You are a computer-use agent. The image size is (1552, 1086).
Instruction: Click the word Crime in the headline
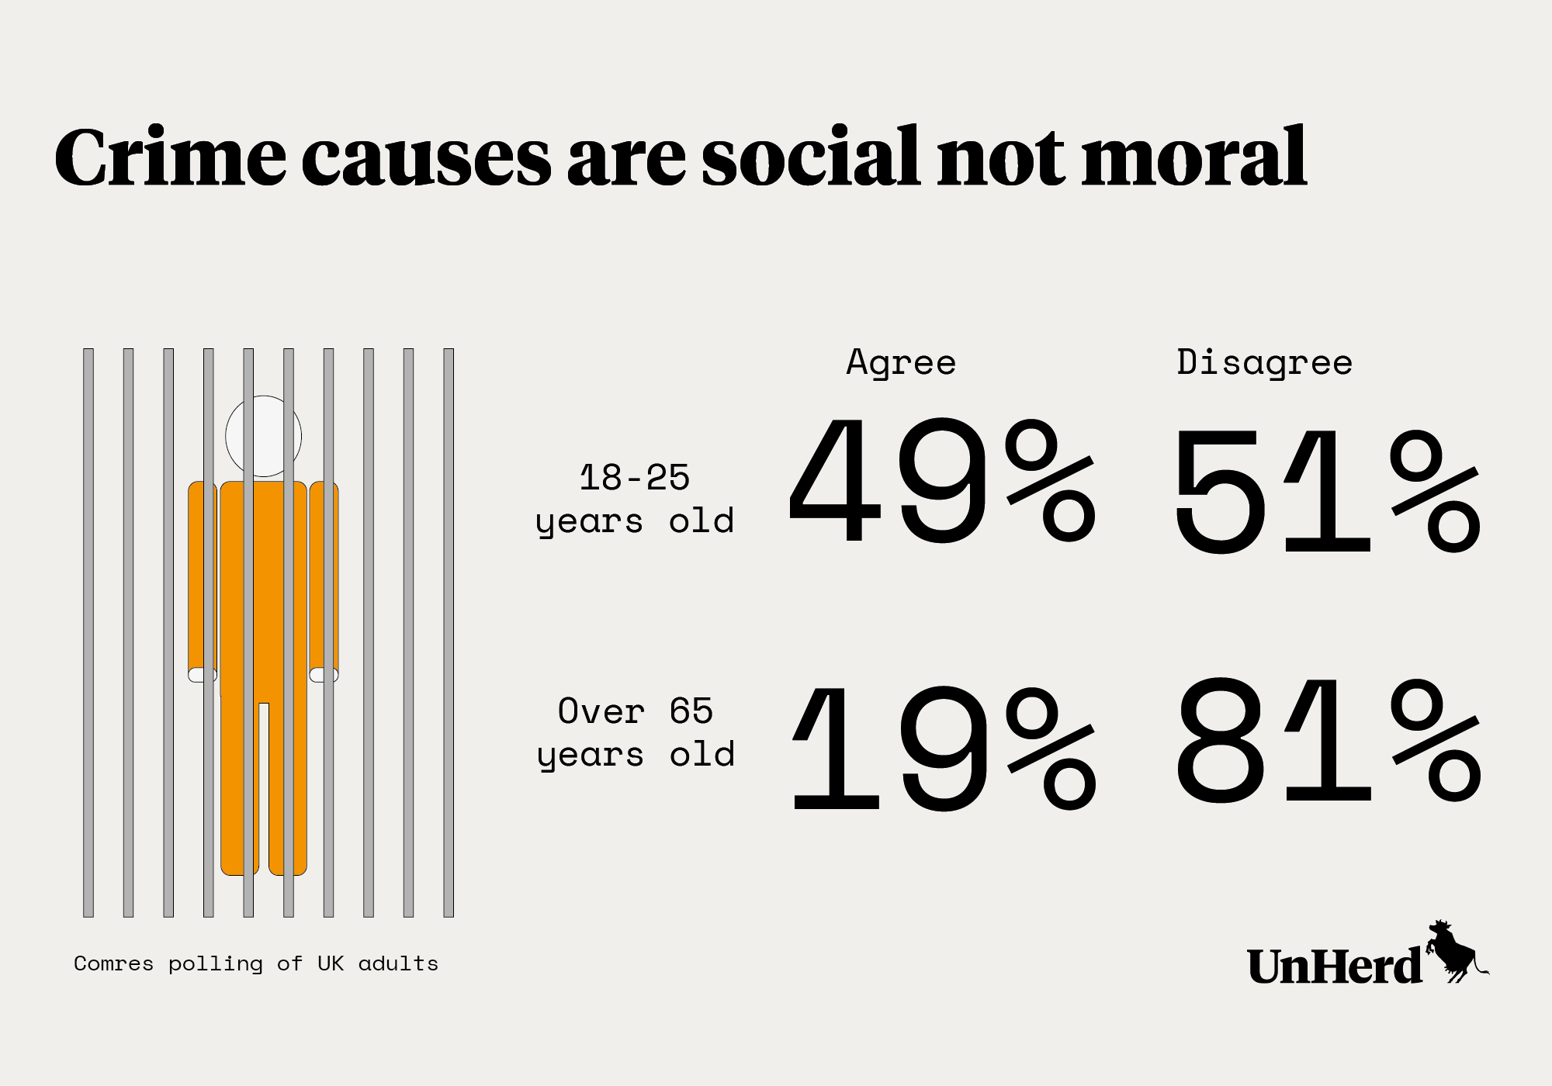click(x=170, y=157)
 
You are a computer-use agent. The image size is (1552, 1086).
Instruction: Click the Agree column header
click(x=901, y=363)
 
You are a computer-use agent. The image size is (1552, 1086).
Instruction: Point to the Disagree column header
click(x=1264, y=363)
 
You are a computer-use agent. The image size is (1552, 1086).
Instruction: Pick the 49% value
click(x=942, y=481)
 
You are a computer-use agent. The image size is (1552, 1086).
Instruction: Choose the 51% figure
click(x=1327, y=490)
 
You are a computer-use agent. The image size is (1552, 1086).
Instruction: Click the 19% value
click(x=944, y=748)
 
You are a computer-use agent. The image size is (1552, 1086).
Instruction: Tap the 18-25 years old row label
click(x=635, y=499)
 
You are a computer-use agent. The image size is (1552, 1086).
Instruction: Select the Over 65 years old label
click(x=636, y=732)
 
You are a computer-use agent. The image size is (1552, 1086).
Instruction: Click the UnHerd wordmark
click(x=1335, y=967)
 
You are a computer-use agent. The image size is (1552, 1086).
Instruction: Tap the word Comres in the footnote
click(x=113, y=963)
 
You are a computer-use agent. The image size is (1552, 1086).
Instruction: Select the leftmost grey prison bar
click(x=88, y=632)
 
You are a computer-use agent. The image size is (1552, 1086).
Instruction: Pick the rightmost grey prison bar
click(x=449, y=632)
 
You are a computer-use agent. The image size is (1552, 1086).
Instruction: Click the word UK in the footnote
click(x=330, y=963)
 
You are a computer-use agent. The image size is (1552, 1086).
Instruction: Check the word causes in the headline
click(x=425, y=157)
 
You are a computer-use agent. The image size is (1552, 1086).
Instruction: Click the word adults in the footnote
click(x=398, y=963)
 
